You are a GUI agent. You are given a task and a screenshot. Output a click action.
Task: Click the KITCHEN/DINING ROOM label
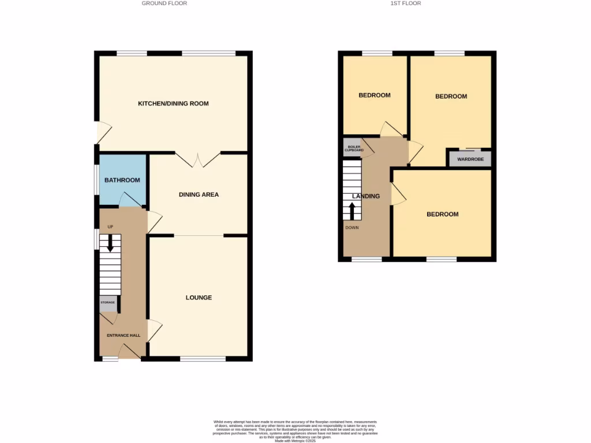click(173, 104)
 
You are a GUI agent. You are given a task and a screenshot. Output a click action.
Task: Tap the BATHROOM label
click(122, 181)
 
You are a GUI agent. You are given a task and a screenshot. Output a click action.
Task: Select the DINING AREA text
click(199, 195)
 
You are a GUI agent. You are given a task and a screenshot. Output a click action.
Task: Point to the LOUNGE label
click(199, 298)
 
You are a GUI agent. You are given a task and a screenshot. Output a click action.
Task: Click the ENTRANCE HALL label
click(124, 335)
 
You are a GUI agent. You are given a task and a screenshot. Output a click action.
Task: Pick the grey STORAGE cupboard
click(108, 302)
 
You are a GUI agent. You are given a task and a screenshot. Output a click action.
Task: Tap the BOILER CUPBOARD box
click(351, 148)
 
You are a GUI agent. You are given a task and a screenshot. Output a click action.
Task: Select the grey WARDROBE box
click(470, 159)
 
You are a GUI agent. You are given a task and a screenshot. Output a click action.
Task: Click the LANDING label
click(366, 196)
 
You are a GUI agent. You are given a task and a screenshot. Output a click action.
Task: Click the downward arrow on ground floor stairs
click(110, 245)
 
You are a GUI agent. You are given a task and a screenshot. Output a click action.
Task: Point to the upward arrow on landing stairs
click(352, 210)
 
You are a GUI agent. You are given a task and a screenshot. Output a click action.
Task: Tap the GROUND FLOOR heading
click(164, 3)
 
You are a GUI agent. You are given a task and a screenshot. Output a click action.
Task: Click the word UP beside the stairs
click(110, 227)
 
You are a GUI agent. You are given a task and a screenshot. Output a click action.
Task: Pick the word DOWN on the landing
click(352, 227)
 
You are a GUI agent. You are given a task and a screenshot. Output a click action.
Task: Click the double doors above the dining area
click(198, 159)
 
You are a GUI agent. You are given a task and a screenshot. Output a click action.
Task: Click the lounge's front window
click(203, 359)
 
